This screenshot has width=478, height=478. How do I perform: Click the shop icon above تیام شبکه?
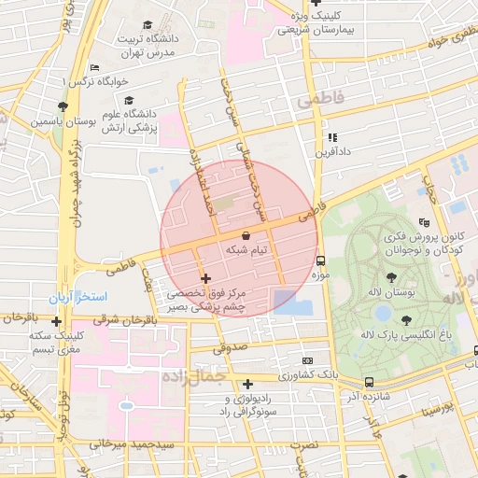pos(246,235)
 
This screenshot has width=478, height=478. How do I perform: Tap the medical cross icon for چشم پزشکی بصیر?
pos(205,278)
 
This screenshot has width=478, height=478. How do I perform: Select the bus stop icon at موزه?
pos(321,260)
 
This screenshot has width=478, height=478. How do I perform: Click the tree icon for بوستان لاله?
pos(390,276)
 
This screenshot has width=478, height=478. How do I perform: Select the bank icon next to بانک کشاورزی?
pos(308,360)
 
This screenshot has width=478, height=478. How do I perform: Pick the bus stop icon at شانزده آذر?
pos(370,382)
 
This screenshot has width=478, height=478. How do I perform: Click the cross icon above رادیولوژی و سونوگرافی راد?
pos(247,384)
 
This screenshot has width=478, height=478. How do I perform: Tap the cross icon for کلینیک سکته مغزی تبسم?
pos(57,322)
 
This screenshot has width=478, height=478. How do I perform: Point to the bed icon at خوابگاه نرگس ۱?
pos(93,67)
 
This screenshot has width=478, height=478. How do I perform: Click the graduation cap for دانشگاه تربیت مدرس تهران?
pos(148,24)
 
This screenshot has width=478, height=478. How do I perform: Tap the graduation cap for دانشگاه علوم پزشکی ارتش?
pos(129,99)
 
